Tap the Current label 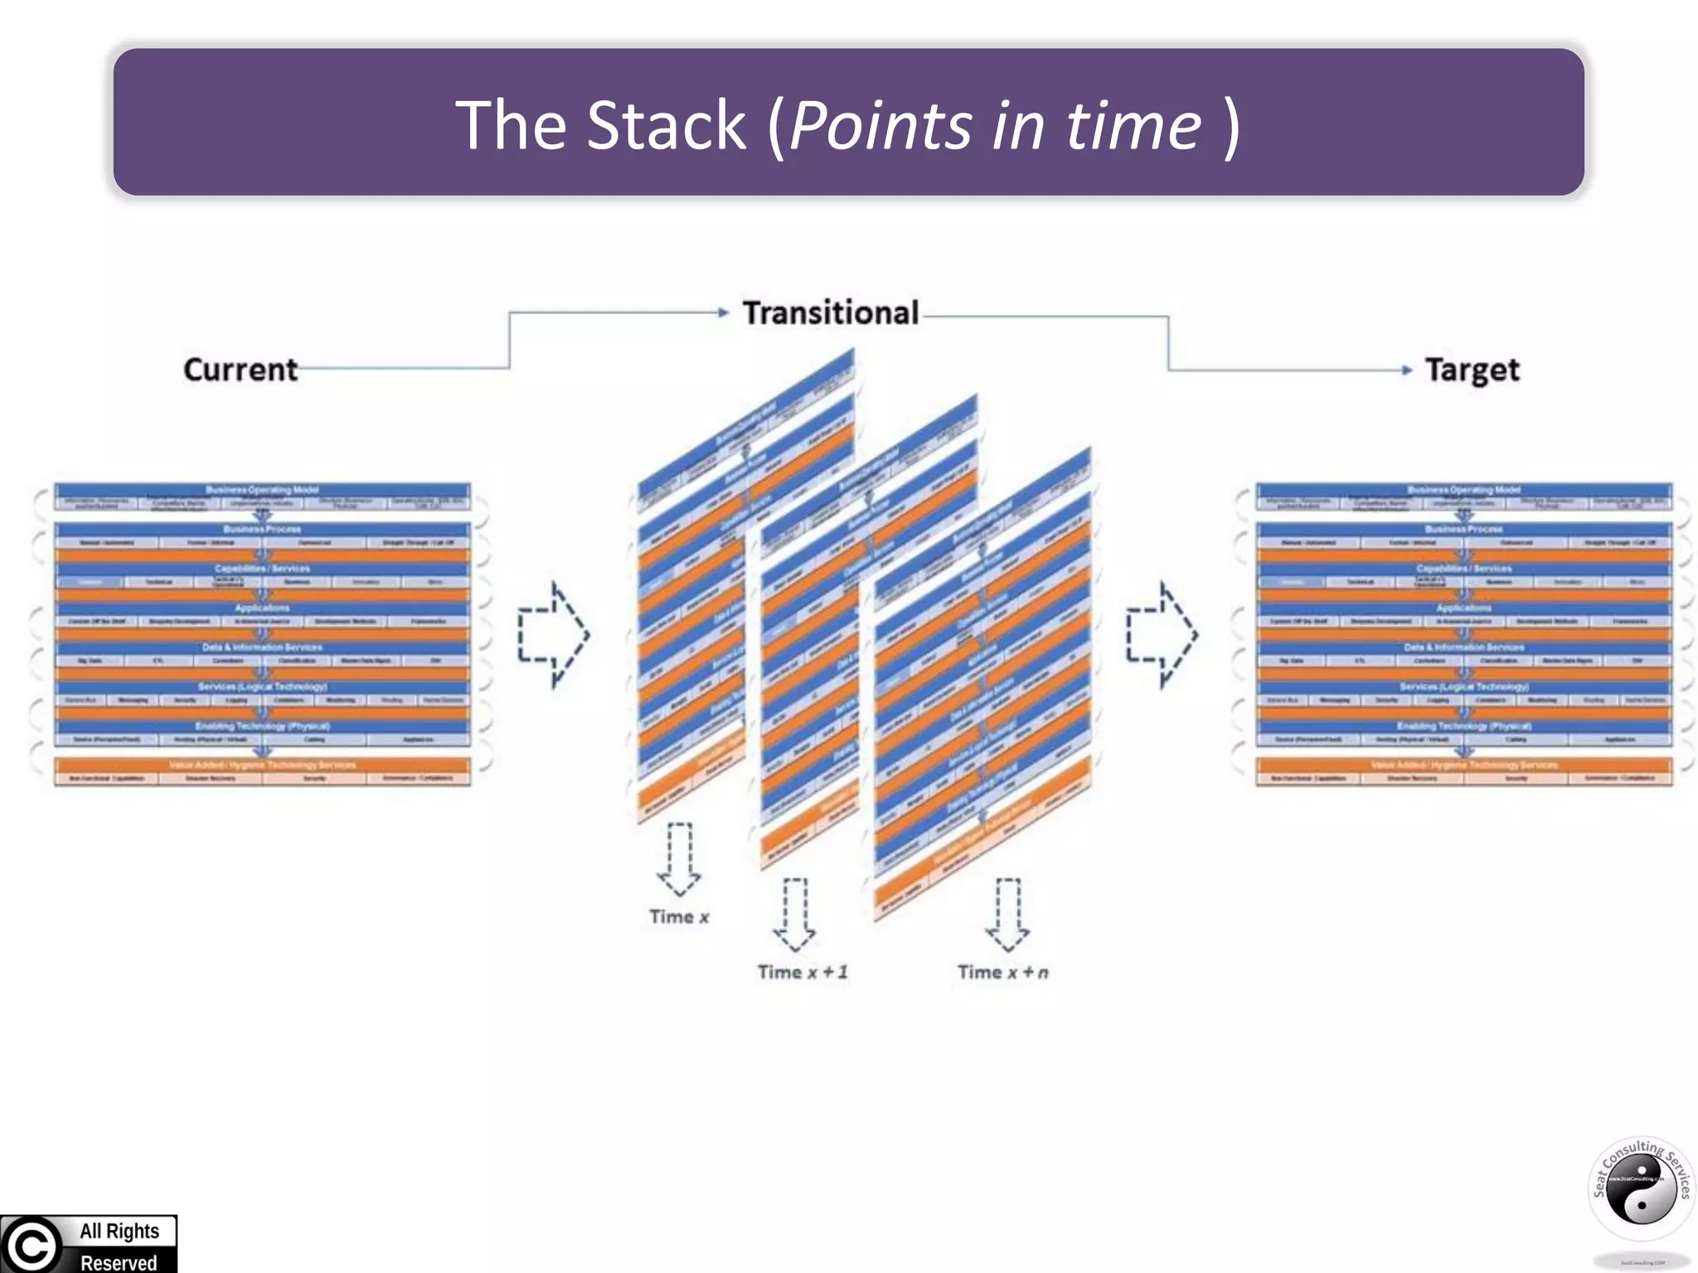[240, 370]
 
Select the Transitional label [830, 313]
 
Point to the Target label [1472, 370]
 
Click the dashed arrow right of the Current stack [553, 635]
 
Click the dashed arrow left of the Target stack [1162, 635]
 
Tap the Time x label [679, 917]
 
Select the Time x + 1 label [802, 972]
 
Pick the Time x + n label [1002, 972]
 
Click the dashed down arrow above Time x [679, 859]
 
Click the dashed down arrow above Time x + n [1007, 914]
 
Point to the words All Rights [119, 1231]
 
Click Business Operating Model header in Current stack [262, 490]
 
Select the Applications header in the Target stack [1463, 607]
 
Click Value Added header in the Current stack [262, 764]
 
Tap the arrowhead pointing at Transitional [723, 312]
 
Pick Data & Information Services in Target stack [1463, 646]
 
